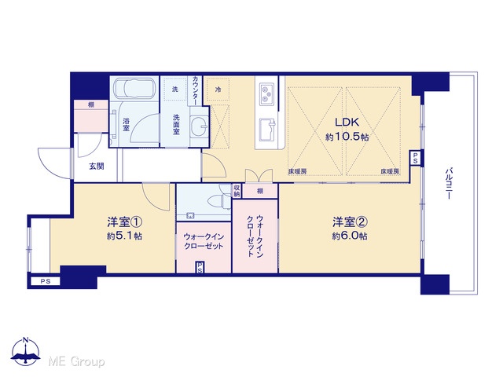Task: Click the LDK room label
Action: (x=347, y=123)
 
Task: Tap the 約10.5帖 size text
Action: (x=347, y=137)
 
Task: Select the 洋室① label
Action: (x=124, y=221)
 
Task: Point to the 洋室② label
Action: (x=350, y=221)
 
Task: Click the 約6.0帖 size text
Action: (x=350, y=236)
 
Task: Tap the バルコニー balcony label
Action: (x=449, y=183)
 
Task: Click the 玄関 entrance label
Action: (x=97, y=167)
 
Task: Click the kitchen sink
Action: (x=267, y=130)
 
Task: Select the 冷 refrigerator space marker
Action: (x=218, y=90)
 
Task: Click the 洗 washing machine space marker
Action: (x=174, y=89)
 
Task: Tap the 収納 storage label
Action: (x=237, y=191)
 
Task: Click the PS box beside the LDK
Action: (x=415, y=158)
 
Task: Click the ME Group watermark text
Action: (x=76, y=361)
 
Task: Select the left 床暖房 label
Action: (x=297, y=172)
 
